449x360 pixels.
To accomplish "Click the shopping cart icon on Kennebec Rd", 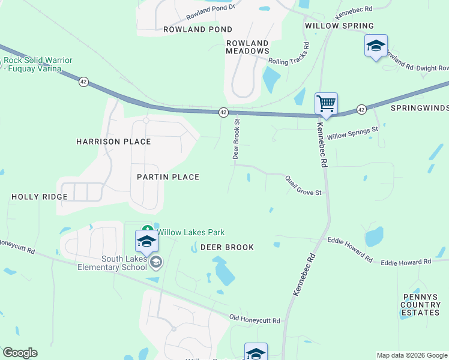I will tap(326, 103).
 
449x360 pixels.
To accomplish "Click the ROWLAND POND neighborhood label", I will tap(197, 29).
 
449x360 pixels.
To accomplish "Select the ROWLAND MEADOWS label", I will tap(247, 47).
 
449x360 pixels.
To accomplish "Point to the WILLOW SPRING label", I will tap(339, 26).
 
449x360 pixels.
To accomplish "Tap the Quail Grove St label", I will tap(304, 185).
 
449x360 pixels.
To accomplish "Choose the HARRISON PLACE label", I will tap(113, 142).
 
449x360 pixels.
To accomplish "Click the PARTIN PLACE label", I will tap(168, 177).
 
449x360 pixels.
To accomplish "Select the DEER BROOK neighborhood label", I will tap(227, 247).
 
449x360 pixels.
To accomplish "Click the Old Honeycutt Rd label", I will tap(255, 320).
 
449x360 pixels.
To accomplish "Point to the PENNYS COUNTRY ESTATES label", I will tap(421, 305).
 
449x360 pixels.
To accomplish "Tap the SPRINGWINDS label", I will tap(420, 108).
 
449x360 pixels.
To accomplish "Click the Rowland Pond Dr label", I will tap(212, 13).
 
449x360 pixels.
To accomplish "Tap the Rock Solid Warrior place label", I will tap(40, 64).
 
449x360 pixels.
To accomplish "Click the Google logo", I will tap(20, 353).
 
